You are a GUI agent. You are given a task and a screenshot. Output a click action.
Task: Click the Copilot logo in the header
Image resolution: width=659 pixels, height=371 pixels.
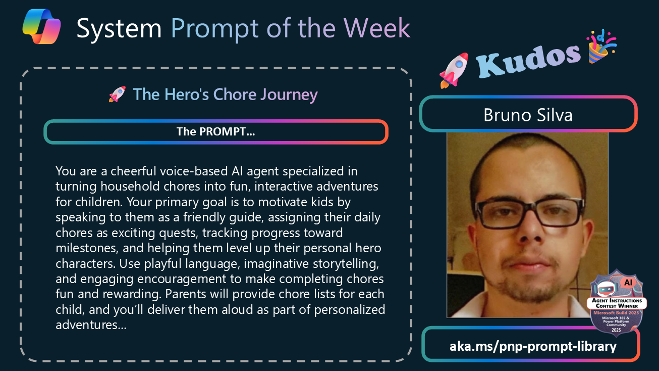coord(41,26)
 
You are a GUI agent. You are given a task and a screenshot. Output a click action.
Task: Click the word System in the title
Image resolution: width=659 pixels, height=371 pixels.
coord(119,28)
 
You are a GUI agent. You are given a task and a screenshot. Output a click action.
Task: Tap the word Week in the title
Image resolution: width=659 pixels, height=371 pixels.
coord(377,28)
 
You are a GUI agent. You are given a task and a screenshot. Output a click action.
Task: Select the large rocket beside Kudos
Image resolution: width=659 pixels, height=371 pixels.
coord(454,70)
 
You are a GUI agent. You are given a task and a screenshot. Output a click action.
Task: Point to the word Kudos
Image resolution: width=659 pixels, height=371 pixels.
coord(528,60)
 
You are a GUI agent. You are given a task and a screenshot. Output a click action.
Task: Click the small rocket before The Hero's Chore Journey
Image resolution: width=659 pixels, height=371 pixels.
coord(117,95)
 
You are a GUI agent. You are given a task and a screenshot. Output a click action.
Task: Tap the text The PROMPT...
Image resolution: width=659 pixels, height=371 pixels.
coord(215,131)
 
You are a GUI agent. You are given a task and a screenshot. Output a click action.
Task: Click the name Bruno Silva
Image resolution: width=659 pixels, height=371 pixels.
coord(528,115)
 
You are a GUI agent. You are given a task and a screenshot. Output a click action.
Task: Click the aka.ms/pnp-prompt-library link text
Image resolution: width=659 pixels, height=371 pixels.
coord(533,346)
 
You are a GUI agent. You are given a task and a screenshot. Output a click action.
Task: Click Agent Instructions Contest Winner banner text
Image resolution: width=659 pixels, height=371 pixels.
coord(617,303)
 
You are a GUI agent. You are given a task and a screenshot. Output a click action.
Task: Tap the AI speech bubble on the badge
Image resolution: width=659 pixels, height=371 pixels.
coord(628,283)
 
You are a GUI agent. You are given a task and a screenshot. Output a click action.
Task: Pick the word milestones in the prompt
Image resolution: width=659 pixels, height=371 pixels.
coord(87,248)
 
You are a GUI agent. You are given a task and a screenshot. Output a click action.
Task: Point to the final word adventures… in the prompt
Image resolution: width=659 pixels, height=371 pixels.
coord(91,324)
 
